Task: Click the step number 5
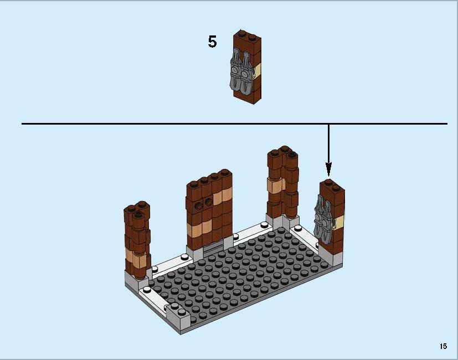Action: [x=212, y=42]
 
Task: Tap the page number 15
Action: [x=443, y=346]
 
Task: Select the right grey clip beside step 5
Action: [x=246, y=71]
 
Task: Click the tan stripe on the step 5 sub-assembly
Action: [x=258, y=70]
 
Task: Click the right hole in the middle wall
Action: [x=209, y=202]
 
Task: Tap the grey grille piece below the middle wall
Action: [x=213, y=247]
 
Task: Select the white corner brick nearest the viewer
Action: [x=178, y=318]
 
